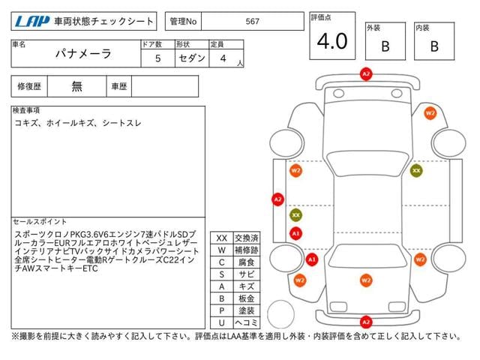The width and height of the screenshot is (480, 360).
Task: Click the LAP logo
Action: (x=32, y=22)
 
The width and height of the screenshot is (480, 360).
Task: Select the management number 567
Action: (x=252, y=22)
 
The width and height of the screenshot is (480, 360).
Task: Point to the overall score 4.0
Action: (x=332, y=41)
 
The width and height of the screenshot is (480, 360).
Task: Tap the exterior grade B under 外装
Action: (x=385, y=46)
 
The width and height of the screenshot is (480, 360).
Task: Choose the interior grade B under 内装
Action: (x=434, y=46)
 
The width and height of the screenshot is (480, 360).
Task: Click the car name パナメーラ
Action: (x=83, y=53)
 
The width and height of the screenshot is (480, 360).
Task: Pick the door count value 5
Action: (x=157, y=58)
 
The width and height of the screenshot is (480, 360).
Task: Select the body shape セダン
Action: (x=192, y=58)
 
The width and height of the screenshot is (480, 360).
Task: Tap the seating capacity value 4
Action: (x=223, y=58)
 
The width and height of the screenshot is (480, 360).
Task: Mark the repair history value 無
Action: (x=76, y=86)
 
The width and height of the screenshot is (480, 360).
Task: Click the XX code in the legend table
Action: (x=222, y=238)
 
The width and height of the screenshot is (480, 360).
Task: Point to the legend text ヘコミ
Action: (x=247, y=322)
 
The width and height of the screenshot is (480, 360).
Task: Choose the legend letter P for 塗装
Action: (x=222, y=310)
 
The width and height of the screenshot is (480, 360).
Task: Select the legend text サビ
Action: (x=247, y=274)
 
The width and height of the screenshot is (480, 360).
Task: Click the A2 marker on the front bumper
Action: (x=366, y=74)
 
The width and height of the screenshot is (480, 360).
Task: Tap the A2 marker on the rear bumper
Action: (x=366, y=322)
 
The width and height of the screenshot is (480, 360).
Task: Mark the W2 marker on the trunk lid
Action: (x=366, y=280)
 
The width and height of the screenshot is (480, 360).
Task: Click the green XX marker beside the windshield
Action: (x=416, y=170)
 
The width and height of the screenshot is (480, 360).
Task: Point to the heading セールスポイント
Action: (x=40, y=222)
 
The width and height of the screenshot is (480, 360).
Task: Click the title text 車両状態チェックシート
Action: (x=103, y=21)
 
